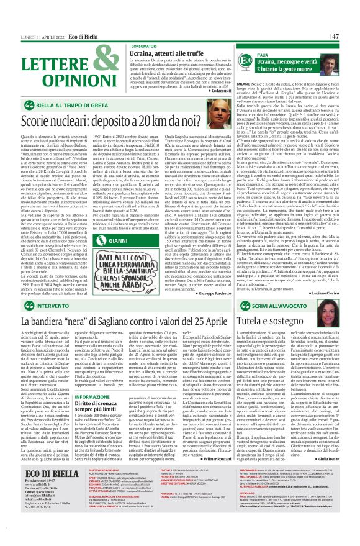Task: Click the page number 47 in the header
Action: coord(352,36)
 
